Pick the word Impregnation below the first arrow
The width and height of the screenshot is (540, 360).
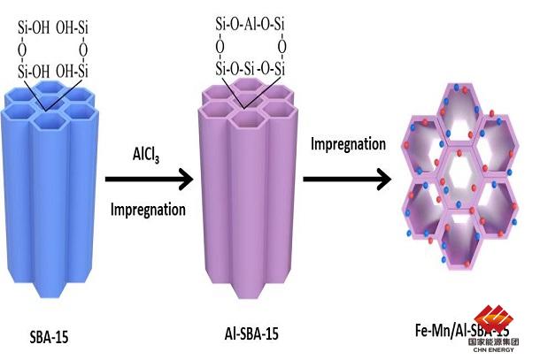[148, 211]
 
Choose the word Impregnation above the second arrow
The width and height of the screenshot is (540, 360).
[348, 144]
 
